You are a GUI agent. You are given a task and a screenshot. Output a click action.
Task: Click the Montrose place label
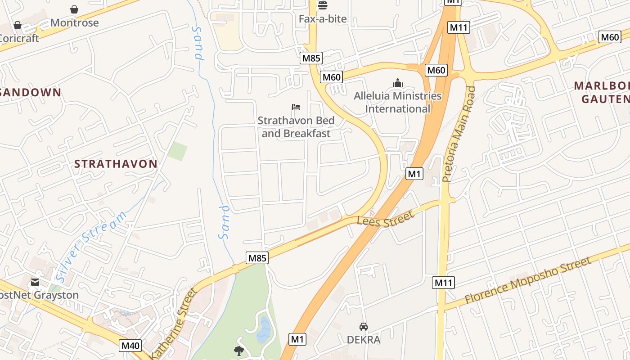click(74, 22)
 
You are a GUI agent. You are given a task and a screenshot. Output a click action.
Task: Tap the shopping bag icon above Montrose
click(74, 9)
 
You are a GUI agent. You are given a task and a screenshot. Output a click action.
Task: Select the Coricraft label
click(19, 38)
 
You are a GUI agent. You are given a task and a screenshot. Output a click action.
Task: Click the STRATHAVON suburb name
click(116, 164)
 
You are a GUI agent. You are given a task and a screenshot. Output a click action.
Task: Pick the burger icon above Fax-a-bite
click(323, 5)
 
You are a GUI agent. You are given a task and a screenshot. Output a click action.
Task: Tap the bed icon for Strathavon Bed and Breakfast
click(296, 107)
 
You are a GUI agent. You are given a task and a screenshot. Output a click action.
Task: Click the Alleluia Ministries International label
click(397, 102)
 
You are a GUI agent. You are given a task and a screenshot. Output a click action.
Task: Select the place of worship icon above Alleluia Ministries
click(397, 83)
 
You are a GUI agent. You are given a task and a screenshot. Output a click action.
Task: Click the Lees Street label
click(385, 219)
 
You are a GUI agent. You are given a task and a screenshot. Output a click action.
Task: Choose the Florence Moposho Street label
click(527, 280)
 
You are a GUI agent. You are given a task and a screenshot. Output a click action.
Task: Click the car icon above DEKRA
click(363, 326)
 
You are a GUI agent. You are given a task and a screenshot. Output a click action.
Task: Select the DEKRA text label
click(363, 339)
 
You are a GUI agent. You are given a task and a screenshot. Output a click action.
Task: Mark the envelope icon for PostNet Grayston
click(35, 283)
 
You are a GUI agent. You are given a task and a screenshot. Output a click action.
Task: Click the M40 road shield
click(130, 346)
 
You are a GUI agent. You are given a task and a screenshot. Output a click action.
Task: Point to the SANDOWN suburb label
click(31, 92)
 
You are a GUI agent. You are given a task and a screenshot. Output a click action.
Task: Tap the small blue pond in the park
click(264, 330)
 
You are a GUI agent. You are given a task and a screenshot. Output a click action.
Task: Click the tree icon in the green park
click(238, 351)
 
